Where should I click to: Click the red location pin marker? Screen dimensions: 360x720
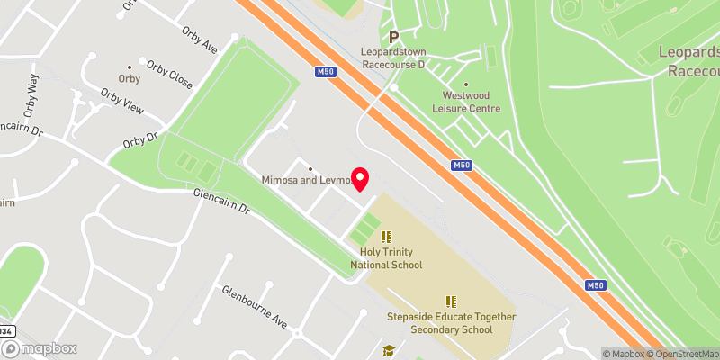pyautogui.click(x=361, y=179)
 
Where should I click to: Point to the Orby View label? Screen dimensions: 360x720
pyautogui.click(x=122, y=102)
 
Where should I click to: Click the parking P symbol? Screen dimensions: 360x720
pyautogui.click(x=393, y=37)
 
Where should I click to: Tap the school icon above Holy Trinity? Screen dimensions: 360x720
pyautogui.click(x=387, y=238)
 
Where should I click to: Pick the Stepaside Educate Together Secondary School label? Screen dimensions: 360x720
pyautogui.click(x=451, y=323)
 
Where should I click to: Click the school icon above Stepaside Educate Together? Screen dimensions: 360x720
pyautogui.click(x=451, y=301)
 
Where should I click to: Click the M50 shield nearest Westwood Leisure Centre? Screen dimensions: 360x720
pyautogui.click(x=461, y=165)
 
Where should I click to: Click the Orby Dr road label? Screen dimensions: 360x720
pyautogui.click(x=139, y=141)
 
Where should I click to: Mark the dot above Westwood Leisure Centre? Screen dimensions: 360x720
pyautogui.click(x=465, y=83)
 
